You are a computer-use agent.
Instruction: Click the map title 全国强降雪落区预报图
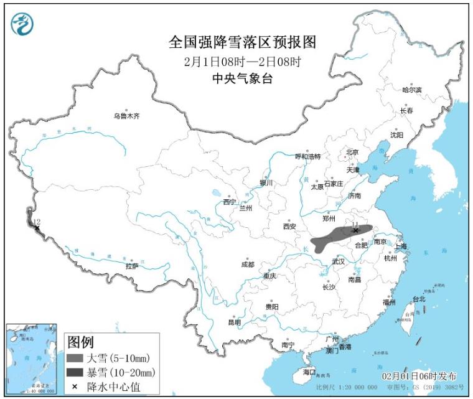[243, 42]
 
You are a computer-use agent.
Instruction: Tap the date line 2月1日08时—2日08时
[243, 62]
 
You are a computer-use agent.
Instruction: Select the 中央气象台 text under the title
[243, 78]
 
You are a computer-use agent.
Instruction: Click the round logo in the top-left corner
[23, 24]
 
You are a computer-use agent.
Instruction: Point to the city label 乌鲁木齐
[126, 116]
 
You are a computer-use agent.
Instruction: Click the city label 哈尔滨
[411, 90]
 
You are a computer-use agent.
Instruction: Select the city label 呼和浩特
[307, 157]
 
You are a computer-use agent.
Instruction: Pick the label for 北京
[352, 152]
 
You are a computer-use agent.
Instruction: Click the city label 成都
[248, 265]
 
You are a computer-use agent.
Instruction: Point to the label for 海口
[309, 372]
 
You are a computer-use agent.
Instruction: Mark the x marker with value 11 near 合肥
[355, 230]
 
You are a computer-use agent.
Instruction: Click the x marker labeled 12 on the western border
[37, 228]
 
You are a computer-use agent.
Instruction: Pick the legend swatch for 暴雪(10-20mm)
[74, 372]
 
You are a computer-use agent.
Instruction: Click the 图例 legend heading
[80, 342]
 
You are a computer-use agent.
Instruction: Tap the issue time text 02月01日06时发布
[419, 377]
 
